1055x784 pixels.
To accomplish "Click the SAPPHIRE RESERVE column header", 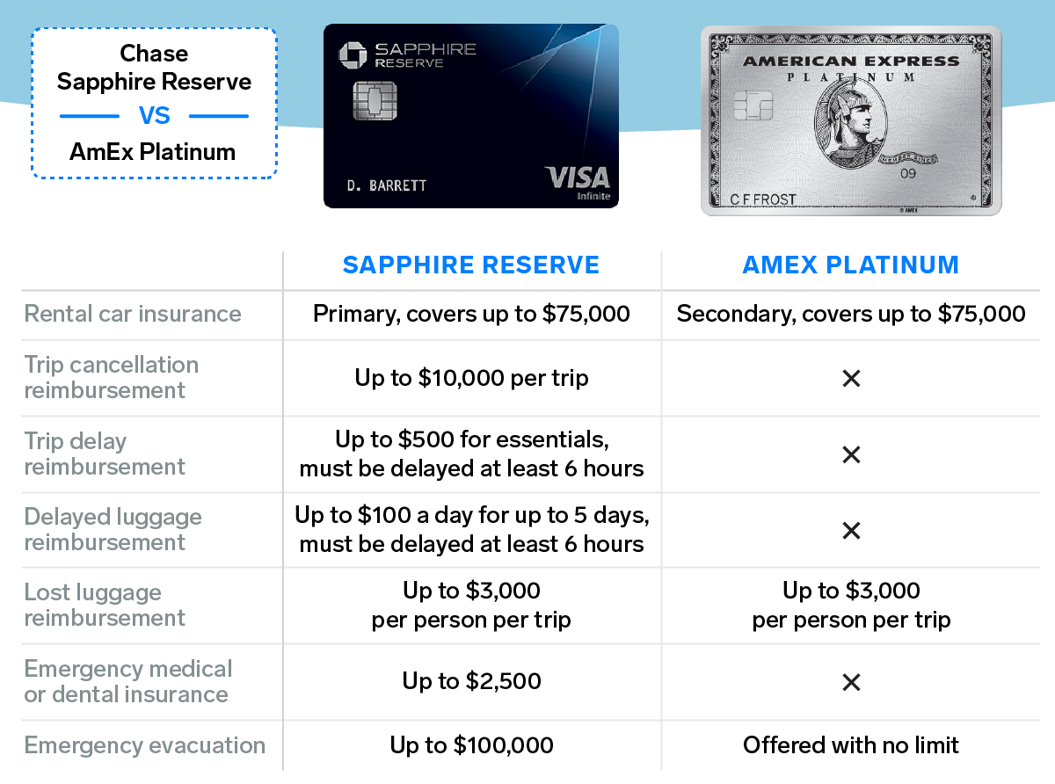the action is pyautogui.click(x=471, y=265).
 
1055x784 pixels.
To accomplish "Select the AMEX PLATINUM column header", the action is pyautogui.click(x=850, y=265).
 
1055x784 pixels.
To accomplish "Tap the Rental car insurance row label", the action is pyautogui.click(x=133, y=314).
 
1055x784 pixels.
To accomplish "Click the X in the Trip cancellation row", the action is pyautogui.click(x=851, y=379).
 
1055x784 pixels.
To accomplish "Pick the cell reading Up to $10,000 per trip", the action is pyautogui.click(x=471, y=378).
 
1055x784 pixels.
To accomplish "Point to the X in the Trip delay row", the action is pyautogui.click(x=851, y=454).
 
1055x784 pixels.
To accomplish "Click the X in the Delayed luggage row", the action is pyautogui.click(x=851, y=531).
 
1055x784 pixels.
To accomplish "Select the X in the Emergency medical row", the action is pyautogui.click(x=851, y=682).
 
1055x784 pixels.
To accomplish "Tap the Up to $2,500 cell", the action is pyautogui.click(x=471, y=681).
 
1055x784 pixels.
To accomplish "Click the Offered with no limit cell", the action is pyautogui.click(x=850, y=745).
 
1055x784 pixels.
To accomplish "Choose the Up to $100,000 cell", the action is pyautogui.click(x=471, y=745).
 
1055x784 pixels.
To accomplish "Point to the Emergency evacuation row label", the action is pyautogui.click(x=144, y=745).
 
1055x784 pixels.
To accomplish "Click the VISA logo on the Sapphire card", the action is pyautogui.click(x=578, y=178).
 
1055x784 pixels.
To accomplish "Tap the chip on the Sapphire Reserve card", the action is pyautogui.click(x=375, y=101).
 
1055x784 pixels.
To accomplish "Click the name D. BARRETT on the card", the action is pyautogui.click(x=386, y=185).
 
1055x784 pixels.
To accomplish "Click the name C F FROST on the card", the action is pyautogui.click(x=763, y=200).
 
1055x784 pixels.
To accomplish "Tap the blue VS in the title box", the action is pyautogui.click(x=154, y=116).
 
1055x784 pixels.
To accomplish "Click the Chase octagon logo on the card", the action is pyautogui.click(x=353, y=55).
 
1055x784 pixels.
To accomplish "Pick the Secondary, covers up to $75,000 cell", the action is pyautogui.click(x=851, y=314).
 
